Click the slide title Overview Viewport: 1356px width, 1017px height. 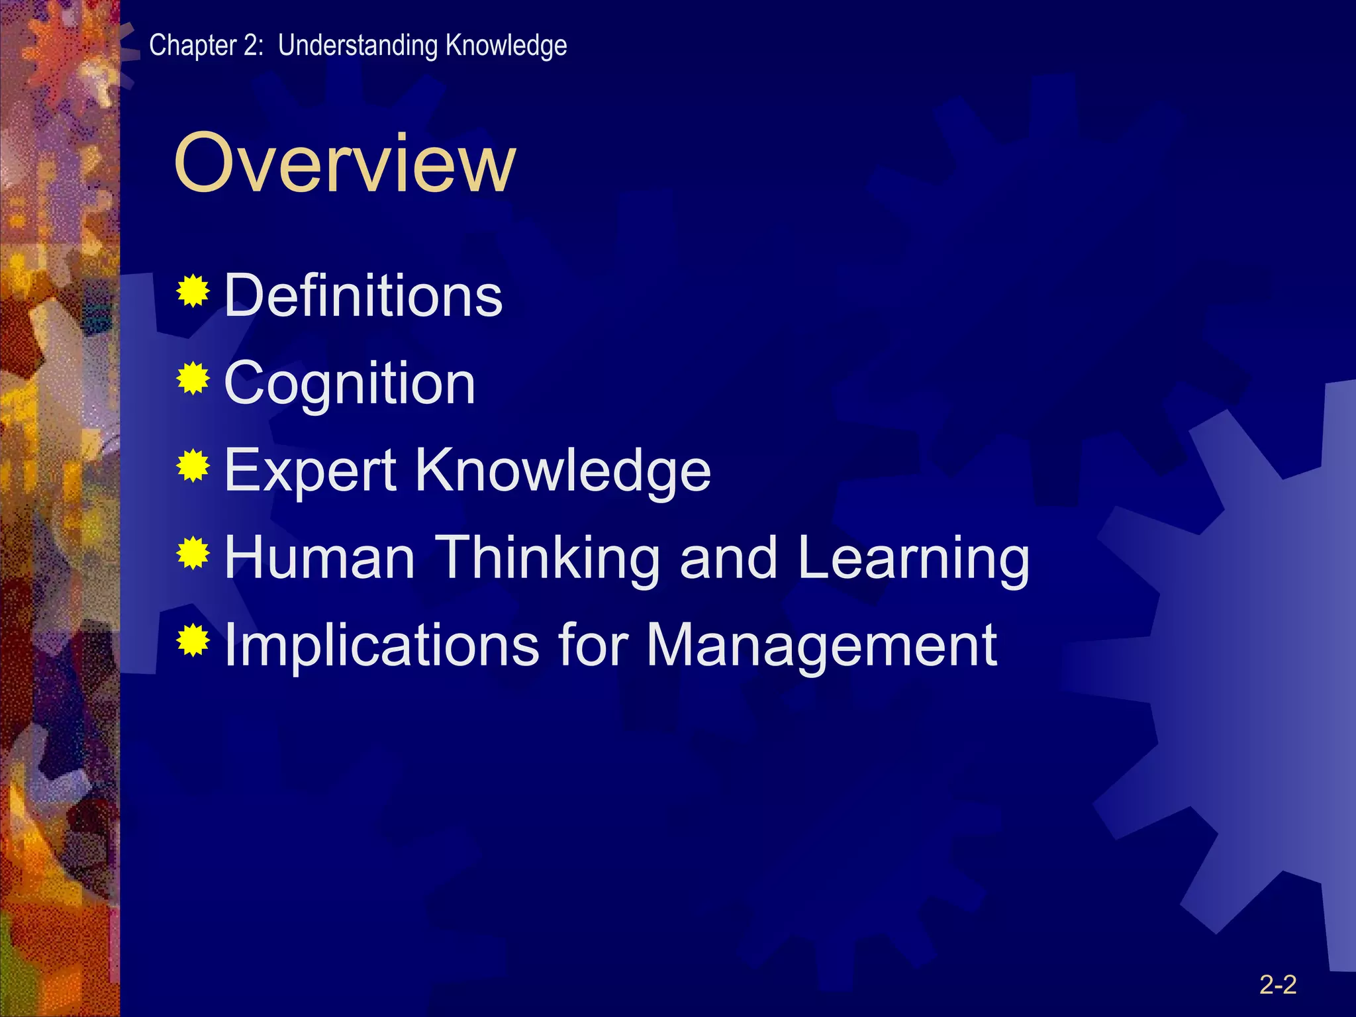(344, 163)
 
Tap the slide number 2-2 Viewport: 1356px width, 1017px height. (1277, 985)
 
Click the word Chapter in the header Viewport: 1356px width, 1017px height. (193, 45)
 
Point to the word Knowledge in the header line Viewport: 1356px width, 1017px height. (506, 45)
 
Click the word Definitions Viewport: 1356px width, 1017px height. (363, 295)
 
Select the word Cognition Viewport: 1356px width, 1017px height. (350, 383)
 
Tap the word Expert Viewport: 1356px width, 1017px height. (311, 471)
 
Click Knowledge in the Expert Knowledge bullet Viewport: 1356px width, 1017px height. (563, 470)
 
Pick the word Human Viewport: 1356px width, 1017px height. (320, 557)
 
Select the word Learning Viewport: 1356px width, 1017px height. (913, 559)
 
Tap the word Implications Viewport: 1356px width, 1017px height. (381, 646)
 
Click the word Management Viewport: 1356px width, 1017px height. (821, 646)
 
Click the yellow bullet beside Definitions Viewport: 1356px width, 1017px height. (193, 291)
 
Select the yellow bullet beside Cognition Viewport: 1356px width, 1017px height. (193, 379)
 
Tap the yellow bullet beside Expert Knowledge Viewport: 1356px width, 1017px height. (193, 466)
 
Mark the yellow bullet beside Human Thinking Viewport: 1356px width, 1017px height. (193, 554)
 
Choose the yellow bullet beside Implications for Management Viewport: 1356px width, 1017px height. (193, 640)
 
